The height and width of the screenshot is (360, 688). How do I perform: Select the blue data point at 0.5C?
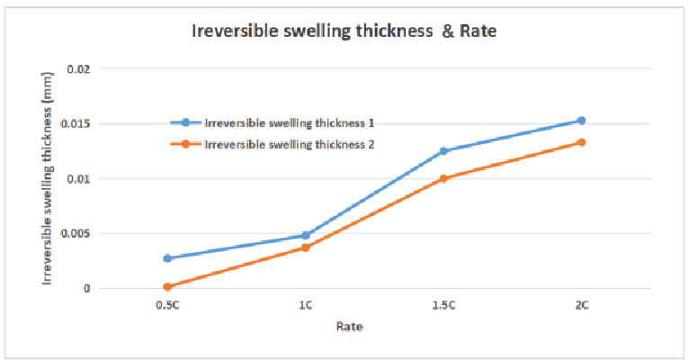(167, 258)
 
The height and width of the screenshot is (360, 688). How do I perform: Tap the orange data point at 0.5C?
(167, 287)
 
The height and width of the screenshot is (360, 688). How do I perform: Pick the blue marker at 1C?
(306, 236)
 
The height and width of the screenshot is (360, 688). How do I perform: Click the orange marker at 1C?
(306, 247)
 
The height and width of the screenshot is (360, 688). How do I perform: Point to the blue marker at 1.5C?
(443, 151)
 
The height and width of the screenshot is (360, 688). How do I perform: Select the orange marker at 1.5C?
(443, 178)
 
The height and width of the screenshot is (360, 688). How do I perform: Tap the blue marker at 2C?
(582, 121)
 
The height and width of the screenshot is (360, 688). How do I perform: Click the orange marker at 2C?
(582, 142)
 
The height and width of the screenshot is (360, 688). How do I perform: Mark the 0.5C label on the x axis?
(167, 306)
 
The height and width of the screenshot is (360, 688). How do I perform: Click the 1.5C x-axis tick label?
(443, 306)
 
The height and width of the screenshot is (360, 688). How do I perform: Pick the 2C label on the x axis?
(582, 306)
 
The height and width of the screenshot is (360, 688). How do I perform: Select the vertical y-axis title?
(48, 179)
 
